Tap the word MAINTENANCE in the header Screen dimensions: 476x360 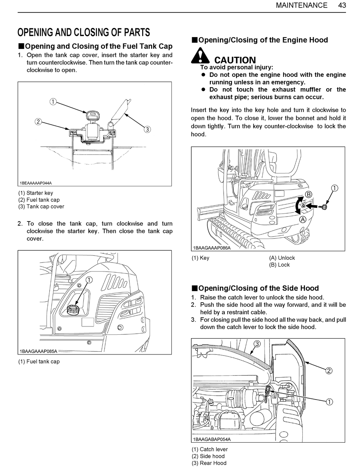pyautogui.click(x=302, y=5)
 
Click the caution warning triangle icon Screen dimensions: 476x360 pyautogui.click(x=200, y=56)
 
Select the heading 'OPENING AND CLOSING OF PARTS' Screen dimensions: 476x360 pyautogui.click(x=84, y=32)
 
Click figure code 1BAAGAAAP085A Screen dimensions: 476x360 pyautogui.click(x=38, y=351)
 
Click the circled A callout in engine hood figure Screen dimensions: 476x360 pyautogui.click(x=303, y=219)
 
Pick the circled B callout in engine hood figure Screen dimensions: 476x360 pyautogui.click(x=308, y=194)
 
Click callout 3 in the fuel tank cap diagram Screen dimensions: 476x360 pyautogui.click(x=147, y=130)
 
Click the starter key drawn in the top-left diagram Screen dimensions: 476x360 pyautogui.click(x=92, y=115)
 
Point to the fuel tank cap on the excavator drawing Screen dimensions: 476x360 pyautogui.click(x=73, y=310)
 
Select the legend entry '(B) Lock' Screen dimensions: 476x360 pyautogui.click(x=279, y=265)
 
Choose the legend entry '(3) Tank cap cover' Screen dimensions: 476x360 pyautogui.click(x=41, y=206)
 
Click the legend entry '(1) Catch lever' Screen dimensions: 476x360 pyautogui.click(x=210, y=449)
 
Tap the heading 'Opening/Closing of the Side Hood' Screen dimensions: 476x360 pyautogui.click(x=258, y=288)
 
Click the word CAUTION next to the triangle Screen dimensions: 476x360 pyautogui.click(x=235, y=60)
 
